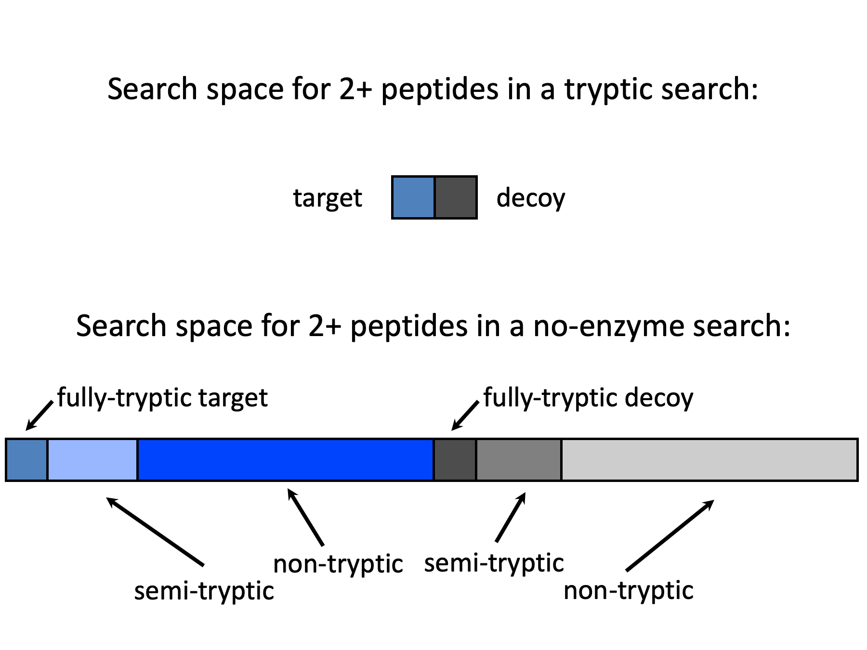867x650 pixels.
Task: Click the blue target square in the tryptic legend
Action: pyautogui.click(x=413, y=197)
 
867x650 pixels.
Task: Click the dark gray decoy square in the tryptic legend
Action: pyautogui.click(x=456, y=197)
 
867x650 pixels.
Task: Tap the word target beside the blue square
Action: pyautogui.click(x=328, y=198)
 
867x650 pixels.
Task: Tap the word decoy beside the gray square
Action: pyautogui.click(x=530, y=198)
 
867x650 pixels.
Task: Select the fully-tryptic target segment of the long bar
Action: pyautogui.click(x=27, y=460)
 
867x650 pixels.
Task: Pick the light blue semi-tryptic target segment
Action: pyautogui.click(x=92, y=460)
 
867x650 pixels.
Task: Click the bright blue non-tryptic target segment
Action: pyautogui.click(x=285, y=460)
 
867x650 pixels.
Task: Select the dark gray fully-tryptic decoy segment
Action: pyautogui.click(x=455, y=460)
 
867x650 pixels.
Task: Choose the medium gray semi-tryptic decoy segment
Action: pyautogui.click(x=519, y=460)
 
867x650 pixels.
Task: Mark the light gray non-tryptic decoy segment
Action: pyautogui.click(x=709, y=460)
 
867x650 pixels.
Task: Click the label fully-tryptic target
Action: pyautogui.click(x=162, y=398)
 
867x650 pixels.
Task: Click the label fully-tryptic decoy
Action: pyautogui.click(x=588, y=398)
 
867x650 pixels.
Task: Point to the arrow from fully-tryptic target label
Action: pyautogui.click(x=39, y=415)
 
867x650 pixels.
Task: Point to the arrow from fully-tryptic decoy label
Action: pyautogui.click(x=465, y=415)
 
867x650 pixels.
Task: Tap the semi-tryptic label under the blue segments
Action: pyautogui.click(x=204, y=591)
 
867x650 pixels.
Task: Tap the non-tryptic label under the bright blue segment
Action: pyautogui.click(x=338, y=564)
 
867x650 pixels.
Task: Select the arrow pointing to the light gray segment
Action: pyautogui.click(x=670, y=535)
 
